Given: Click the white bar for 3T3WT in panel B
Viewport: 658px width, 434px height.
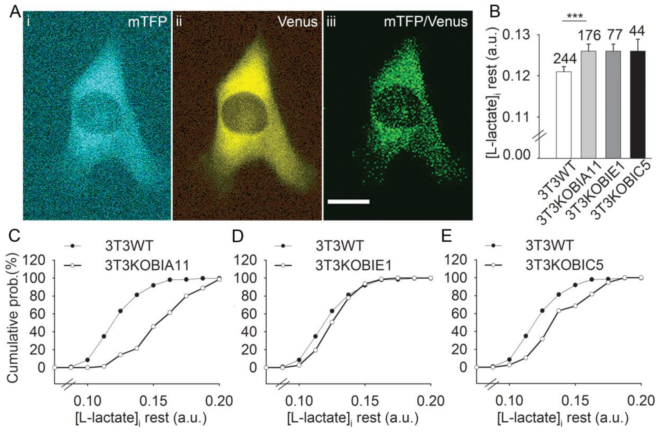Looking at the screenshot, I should point(564,115).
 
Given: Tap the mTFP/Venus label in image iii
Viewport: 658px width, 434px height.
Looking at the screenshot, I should point(426,22).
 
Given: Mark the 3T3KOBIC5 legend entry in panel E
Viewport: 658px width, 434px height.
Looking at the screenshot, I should point(564,265).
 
